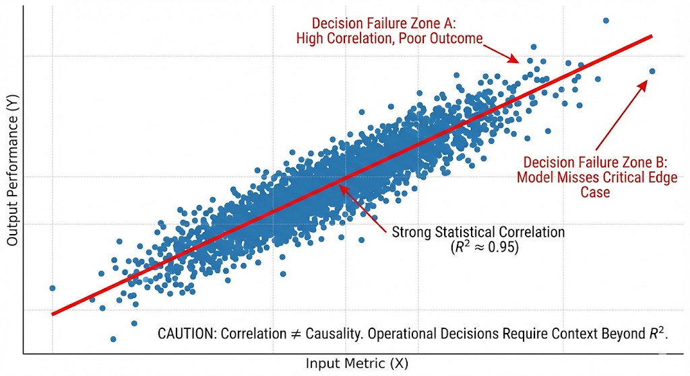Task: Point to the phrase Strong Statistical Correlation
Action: tap(478, 233)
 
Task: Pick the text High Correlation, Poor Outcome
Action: tap(389, 38)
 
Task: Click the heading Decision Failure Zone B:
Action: tap(595, 162)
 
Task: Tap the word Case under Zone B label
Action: tap(595, 192)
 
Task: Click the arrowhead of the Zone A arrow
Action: tap(517, 61)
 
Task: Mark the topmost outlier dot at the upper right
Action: tap(605, 21)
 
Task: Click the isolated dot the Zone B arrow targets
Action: tap(652, 71)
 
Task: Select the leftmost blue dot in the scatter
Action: tap(52, 288)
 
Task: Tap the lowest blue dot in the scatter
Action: tap(113, 339)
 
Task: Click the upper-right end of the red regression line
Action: tap(651, 36)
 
